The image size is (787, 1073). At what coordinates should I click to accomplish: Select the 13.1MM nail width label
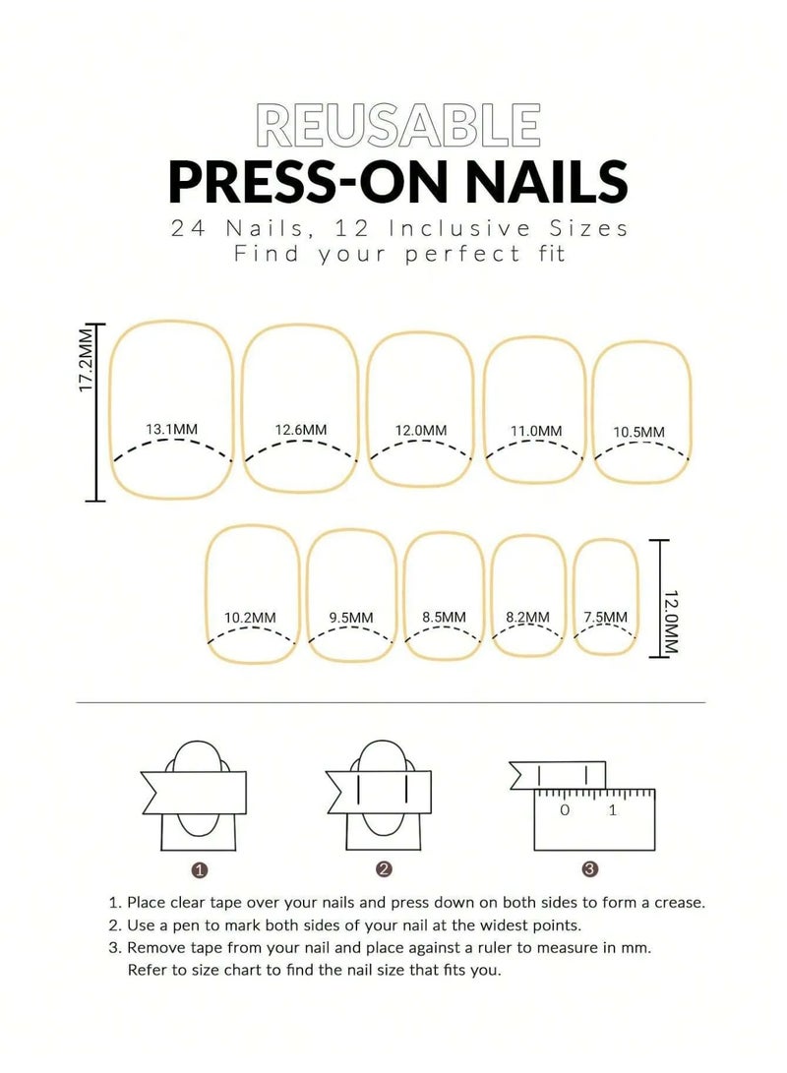pyautogui.click(x=171, y=429)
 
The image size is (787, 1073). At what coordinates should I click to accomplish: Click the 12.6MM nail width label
pyautogui.click(x=301, y=430)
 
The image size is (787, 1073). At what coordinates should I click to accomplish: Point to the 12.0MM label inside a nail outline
pyautogui.click(x=421, y=431)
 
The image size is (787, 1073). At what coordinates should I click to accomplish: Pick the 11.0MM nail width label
pyautogui.click(x=536, y=431)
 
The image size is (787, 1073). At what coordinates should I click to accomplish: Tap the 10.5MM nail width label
pyautogui.click(x=638, y=432)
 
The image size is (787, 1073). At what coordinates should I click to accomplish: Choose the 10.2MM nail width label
pyautogui.click(x=250, y=618)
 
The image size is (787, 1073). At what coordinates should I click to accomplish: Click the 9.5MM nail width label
pyautogui.click(x=351, y=618)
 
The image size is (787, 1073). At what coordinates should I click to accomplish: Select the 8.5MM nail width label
pyautogui.click(x=444, y=617)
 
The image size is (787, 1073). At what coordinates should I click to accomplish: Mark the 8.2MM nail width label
pyautogui.click(x=527, y=617)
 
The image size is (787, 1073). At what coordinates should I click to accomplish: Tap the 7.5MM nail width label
pyautogui.click(x=605, y=617)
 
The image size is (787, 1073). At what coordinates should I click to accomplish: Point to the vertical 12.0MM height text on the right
pyautogui.click(x=672, y=622)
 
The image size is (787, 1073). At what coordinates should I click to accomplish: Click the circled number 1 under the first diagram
pyautogui.click(x=200, y=869)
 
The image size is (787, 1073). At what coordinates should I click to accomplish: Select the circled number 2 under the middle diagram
pyautogui.click(x=385, y=868)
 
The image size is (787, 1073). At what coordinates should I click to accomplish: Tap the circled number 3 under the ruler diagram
pyautogui.click(x=589, y=868)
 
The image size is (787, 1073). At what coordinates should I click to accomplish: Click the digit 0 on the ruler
pyautogui.click(x=564, y=810)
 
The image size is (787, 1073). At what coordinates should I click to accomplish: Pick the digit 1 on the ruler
pyautogui.click(x=613, y=810)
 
